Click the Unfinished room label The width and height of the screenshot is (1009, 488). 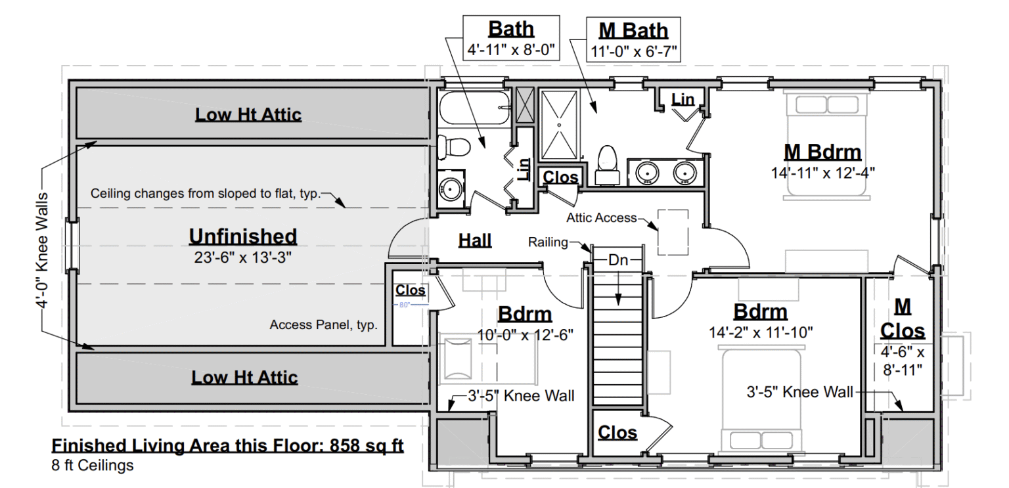[x=243, y=236]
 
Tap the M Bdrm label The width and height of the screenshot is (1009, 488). [x=822, y=152]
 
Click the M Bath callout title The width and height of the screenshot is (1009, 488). [x=633, y=30]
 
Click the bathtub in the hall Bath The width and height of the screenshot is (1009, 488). [x=474, y=108]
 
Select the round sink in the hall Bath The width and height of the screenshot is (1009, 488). [x=451, y=188]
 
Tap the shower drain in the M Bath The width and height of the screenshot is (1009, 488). [x=559, y=123]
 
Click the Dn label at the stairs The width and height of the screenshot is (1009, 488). [x=618, y=260]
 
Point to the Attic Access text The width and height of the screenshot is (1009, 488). [x=602, y=217]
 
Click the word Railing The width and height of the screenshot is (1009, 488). [x=548, y=242]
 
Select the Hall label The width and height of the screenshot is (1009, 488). [x=475, y=240]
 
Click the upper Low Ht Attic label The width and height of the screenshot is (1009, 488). [x=248, y=115]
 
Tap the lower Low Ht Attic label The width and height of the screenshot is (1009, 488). [x=244, y=378]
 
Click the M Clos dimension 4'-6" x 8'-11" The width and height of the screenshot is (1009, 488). [x=902, y=361]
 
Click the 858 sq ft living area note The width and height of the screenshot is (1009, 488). [x=227, y=447]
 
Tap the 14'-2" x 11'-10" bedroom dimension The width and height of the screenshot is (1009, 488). [x=761, y=332]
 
